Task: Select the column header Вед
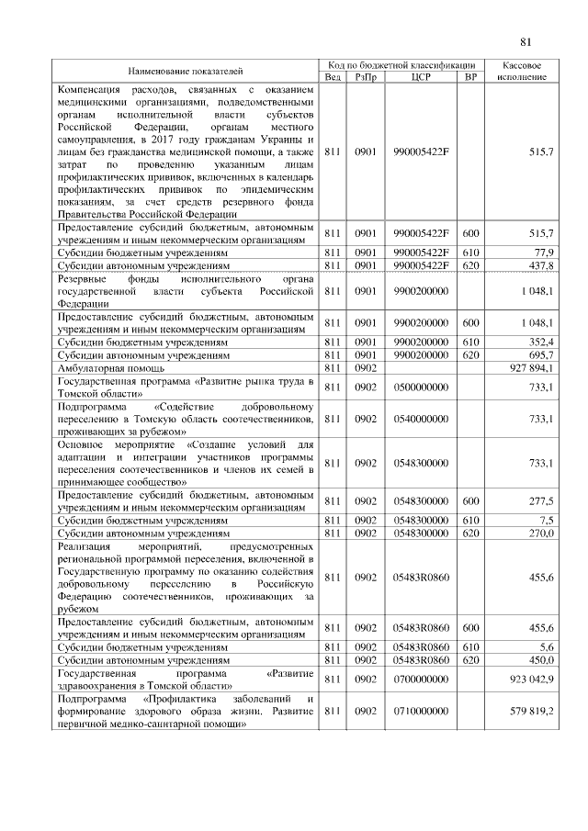[332, 77]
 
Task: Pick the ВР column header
[470, 77]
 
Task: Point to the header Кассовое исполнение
[522, 72]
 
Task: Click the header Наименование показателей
[186, 71]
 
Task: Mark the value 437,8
[538, 264]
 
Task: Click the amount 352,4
[538, 341]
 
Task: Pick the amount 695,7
[538, 354]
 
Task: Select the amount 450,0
[538, 659]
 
